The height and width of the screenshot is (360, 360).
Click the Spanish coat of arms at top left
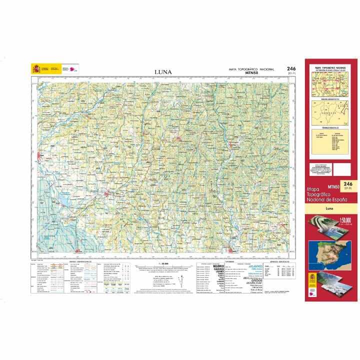click(x=35, y=69)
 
